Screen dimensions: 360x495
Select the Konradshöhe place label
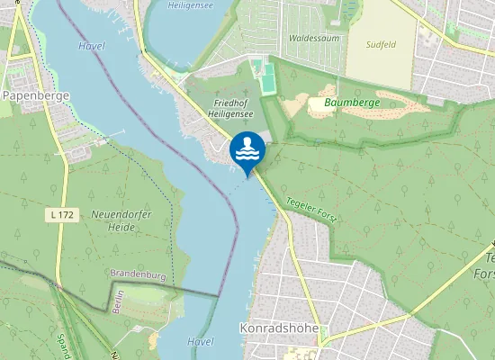coord(280,328)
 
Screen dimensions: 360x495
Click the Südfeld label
coord(382,43)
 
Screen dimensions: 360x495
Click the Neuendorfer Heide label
coord(114,220)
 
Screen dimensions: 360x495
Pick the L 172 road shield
coord(60,214)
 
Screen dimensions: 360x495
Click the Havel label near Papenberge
coord(91,45)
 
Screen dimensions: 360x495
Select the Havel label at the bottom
coord(201,342)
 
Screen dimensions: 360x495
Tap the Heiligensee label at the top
coord(191,4)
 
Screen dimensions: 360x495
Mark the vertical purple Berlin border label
coord(118,302)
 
